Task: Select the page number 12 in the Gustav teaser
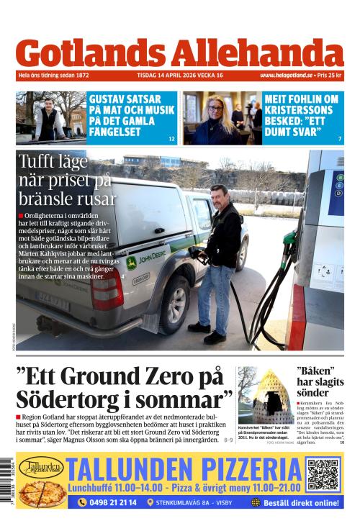pos(171,138)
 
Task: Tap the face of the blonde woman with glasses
pos(215,112)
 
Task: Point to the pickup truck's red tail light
pos(107,289)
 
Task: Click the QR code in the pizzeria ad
pos(323,475)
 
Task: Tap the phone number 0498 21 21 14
pos(107,502)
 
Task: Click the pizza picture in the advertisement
pos(42,493)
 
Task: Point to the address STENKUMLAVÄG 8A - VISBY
pos(195,502)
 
